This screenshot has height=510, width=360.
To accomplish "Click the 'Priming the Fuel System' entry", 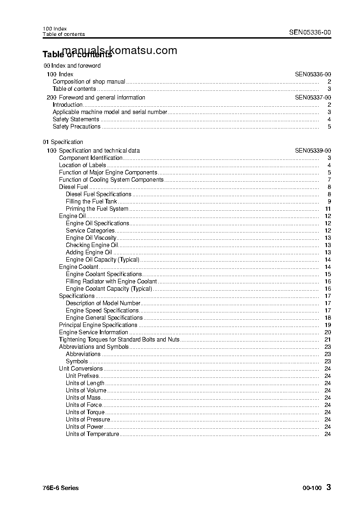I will (97, 209).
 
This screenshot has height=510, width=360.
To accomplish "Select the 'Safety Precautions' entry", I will (76, 127).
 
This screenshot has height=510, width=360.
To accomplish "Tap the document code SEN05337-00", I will (313, 98).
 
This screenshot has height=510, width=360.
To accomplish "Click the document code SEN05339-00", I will (313, 151).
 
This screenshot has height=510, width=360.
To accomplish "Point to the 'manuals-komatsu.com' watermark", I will (119, 51).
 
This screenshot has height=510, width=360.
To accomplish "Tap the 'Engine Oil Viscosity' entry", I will (91, 238).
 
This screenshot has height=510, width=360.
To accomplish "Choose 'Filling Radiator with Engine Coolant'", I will (111, 282).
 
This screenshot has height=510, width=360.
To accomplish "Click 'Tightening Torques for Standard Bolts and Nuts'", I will (119, 340).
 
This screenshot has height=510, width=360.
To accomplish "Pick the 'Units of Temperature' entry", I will (92, 434).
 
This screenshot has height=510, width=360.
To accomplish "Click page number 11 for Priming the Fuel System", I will (328, 209).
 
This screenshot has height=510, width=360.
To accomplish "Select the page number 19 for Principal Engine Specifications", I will (328, 325).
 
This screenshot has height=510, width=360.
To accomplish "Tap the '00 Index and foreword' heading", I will (72, 66).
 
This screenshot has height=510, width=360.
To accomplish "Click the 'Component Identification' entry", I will (91, 158).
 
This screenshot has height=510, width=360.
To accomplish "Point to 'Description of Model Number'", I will (103, 303).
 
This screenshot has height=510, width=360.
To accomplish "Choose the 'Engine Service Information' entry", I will (94, 332).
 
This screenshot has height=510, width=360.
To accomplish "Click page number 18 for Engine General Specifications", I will (328, 318).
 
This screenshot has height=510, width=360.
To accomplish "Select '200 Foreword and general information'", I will (96, 98).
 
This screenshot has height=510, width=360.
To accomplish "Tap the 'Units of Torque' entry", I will (85, 412).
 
